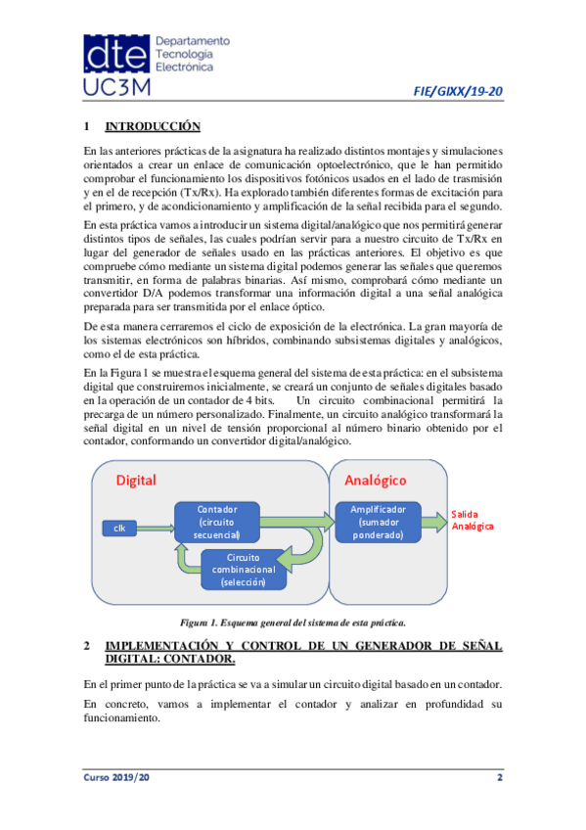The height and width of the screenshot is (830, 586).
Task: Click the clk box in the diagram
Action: click(x=119, y=529)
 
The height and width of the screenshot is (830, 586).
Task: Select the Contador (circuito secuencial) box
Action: click(x=217, y=522)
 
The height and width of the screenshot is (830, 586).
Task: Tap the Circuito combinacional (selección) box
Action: click(x=244, y=570)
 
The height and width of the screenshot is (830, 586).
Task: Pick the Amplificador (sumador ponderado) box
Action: click(x=379, y=522)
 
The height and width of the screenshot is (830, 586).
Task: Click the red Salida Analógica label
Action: click(x=473, y=520)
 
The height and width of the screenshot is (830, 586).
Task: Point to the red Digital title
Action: click(x=136, y=480)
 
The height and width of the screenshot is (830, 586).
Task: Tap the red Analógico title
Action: click(x=375, y=480)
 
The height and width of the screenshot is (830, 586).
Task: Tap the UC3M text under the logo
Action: click(x=117, y=88)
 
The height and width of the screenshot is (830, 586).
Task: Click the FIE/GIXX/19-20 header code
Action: click(x=460, y=92)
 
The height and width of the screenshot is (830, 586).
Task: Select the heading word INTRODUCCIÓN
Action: click(x=152, y=127)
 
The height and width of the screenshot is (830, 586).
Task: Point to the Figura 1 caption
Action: click(x=293, y=622)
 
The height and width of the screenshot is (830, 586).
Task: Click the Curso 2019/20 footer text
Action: click(x=115, y=776)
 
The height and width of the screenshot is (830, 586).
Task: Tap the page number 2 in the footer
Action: click(x=499, y=776)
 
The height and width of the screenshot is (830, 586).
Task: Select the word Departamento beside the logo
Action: click(x=193, y=42)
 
